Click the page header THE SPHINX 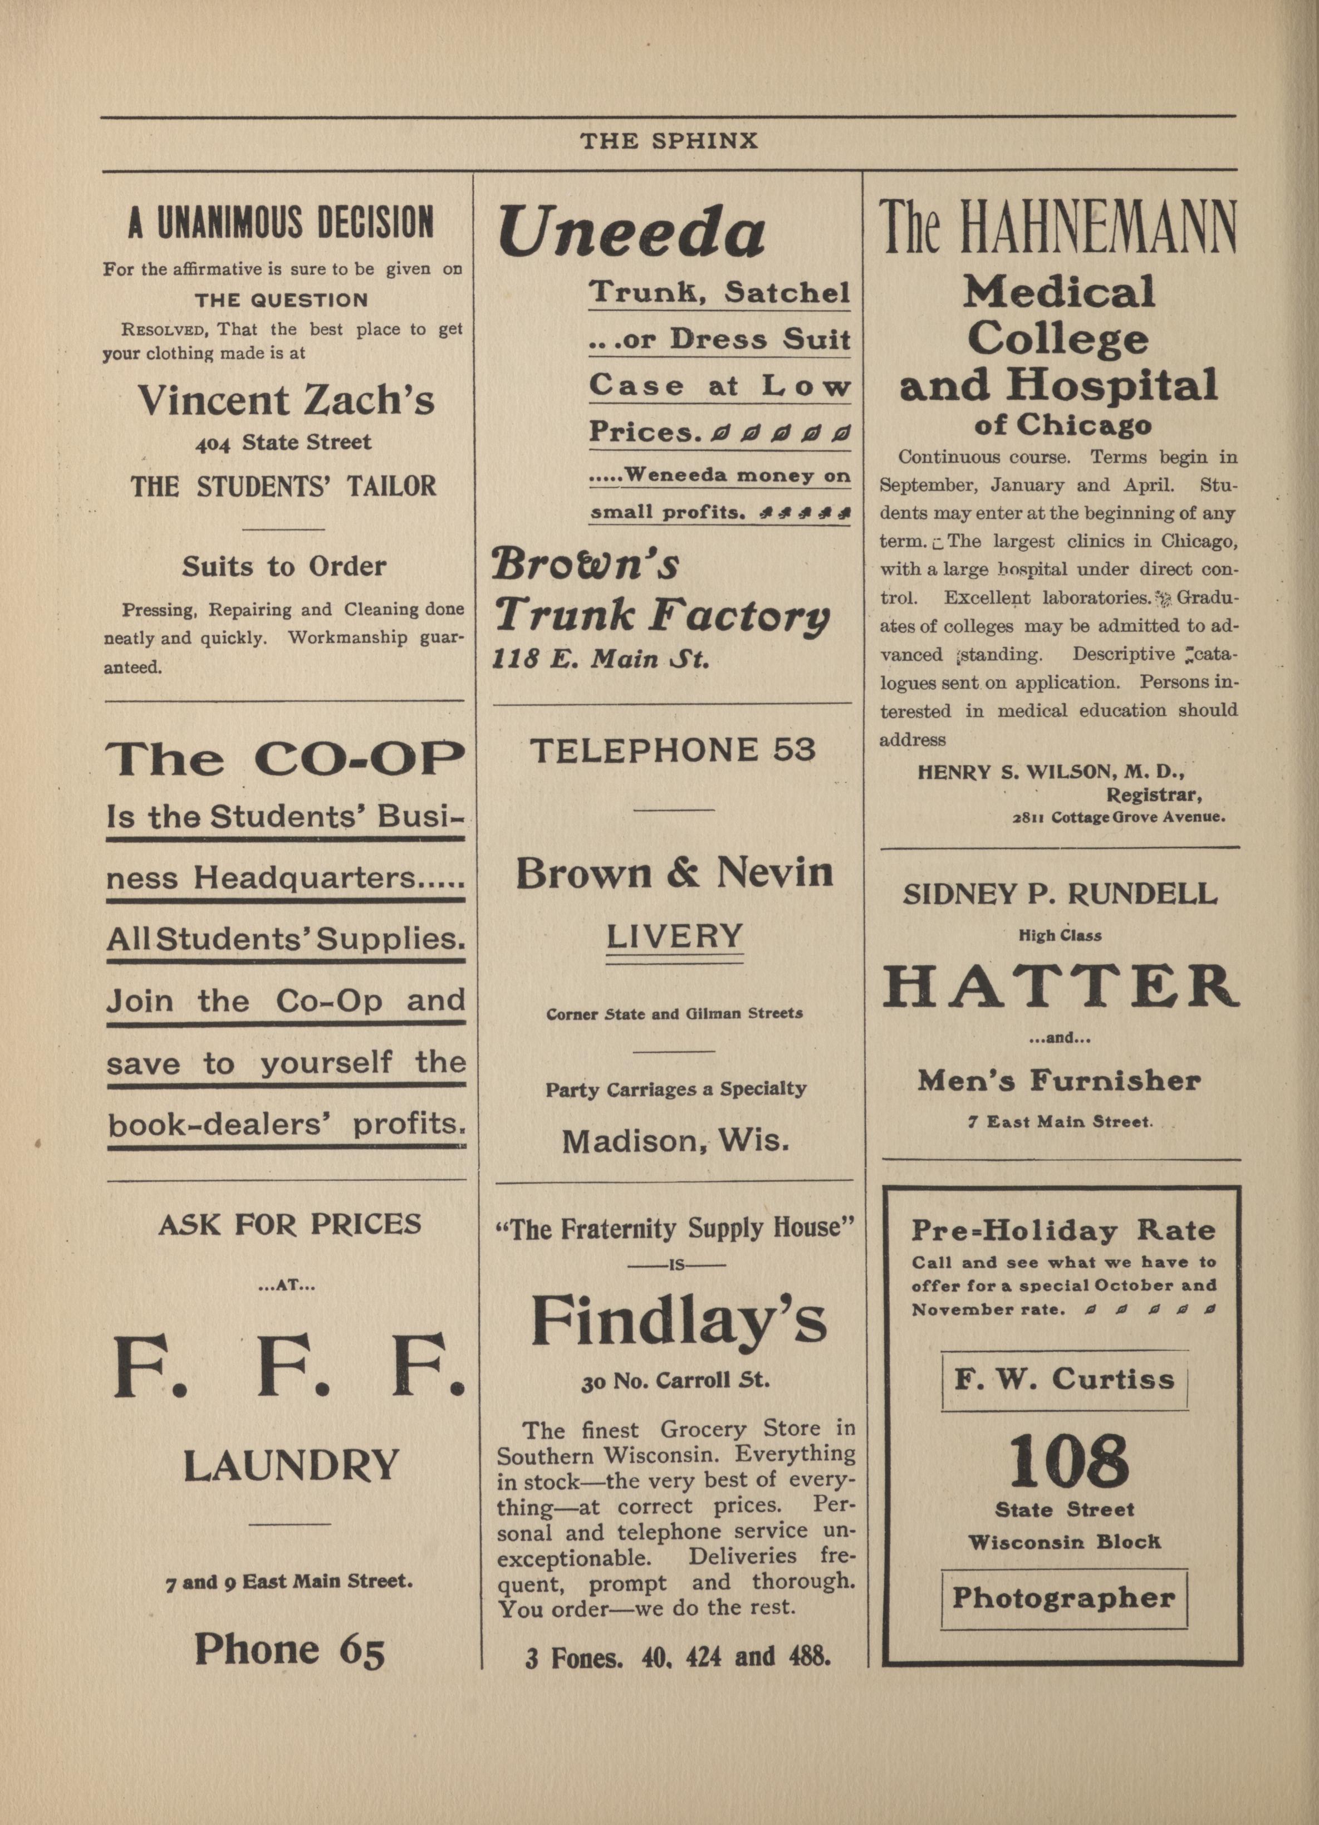669,141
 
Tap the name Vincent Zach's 286,400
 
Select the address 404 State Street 283,443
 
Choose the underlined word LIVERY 674,936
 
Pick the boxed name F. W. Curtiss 1065,1380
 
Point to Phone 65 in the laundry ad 290,1650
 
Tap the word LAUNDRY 291,1466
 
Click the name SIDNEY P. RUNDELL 1060,894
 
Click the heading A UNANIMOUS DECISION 281,222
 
